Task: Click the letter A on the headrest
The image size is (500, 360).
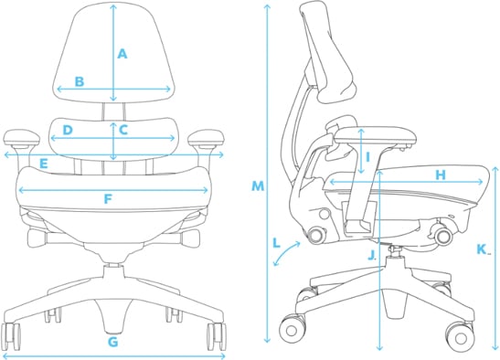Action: [x=122, y=54]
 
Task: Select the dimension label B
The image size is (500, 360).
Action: [x=80, y=81]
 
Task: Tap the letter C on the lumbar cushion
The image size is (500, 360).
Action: [x=122, y=130]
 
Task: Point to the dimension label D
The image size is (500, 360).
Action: [x=68, y=131]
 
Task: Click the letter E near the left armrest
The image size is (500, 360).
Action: [x=43, y=164]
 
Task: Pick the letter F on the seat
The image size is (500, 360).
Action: [x=108, y=198]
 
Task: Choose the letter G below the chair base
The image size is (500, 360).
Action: [x=112, y=343]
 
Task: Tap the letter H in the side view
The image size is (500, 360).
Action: [x=440, y=175]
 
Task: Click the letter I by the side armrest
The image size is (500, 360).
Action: [x=367, y=156]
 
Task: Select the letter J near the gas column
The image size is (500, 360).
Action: [x=371, y=255]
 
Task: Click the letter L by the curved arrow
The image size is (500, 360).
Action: [x=277, y=242]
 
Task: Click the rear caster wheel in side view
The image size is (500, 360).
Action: [x=293, y=326]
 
